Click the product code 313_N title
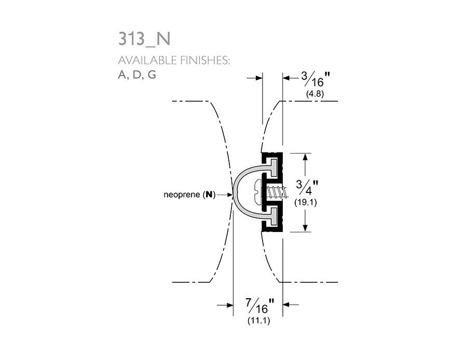pos(144,39)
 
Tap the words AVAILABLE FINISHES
pos(174,61)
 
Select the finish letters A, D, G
pos(137,75)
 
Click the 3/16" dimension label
pos(315,79)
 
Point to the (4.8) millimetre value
pos(315,94)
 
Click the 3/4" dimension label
pos(307,188)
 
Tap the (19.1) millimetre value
pos(306,202)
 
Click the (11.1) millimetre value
pos(258,321)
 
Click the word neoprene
pos(182,195)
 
